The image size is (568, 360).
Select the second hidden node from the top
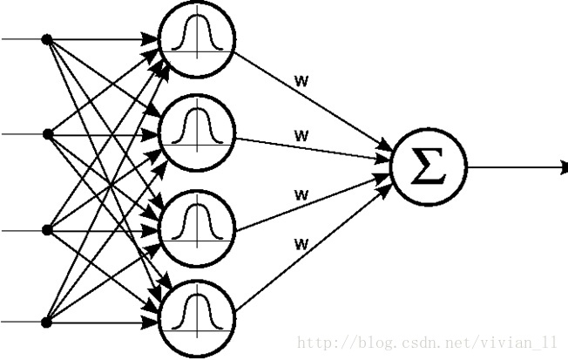pos(196,132)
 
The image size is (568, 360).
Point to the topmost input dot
pos(48,39)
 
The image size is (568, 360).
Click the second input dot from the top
pos(48,134)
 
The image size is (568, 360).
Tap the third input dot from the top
pos(48,229)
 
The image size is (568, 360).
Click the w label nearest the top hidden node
pos(302,83)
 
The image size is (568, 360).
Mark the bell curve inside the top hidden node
pos(196,37)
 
